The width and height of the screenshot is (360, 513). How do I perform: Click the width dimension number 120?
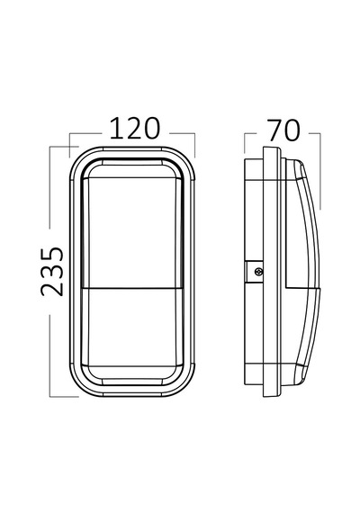[x=135, y=128]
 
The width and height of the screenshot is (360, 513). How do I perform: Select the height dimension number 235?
[x=52, y=271]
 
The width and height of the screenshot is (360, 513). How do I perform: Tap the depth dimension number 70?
[x=283, y=130]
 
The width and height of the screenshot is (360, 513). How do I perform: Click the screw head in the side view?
[x=259, y=271]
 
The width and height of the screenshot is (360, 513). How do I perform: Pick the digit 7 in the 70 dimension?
[x=274, y=130]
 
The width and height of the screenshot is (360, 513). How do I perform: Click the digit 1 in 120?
[x=115, y=128]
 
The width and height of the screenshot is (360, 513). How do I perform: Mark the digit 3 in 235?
[x=52, y=272]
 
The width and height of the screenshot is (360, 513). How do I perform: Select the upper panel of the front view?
[x=134, y=233]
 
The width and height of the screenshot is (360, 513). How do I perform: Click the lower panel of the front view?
[x=134, y=328]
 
